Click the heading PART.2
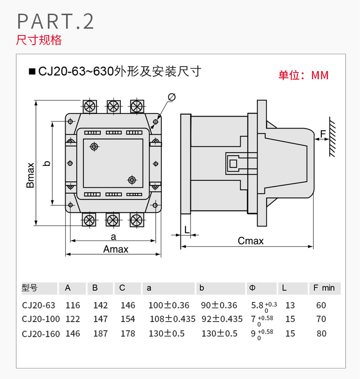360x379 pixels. (55, 21)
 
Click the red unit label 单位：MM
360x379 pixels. (303, 75)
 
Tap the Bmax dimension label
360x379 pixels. (30, 175)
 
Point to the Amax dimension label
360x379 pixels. (116, 249)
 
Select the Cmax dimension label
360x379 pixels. (251, 241)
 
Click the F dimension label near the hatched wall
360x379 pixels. (323, 134)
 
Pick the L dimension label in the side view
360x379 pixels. (187, 229)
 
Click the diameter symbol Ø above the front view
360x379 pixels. (172, 97)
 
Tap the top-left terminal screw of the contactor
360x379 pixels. (90, 106)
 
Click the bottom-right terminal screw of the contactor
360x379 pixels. (136, 220)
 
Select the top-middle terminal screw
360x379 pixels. (113, 106)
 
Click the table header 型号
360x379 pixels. (30, 288)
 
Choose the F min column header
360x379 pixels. (324, 288)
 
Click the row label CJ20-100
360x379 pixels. (41, 319)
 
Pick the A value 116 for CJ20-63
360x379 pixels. (72, 305)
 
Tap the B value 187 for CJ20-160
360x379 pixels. (100, 333)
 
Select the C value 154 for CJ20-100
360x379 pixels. (128, 319)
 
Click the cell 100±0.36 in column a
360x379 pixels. (169, 305)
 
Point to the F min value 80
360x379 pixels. (321, 333)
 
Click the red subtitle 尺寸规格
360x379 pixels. (39, 40)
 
